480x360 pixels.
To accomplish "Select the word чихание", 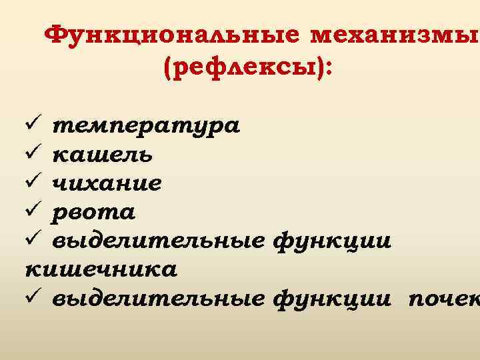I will (107, 183).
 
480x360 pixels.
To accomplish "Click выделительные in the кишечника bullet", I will (159, 241).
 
